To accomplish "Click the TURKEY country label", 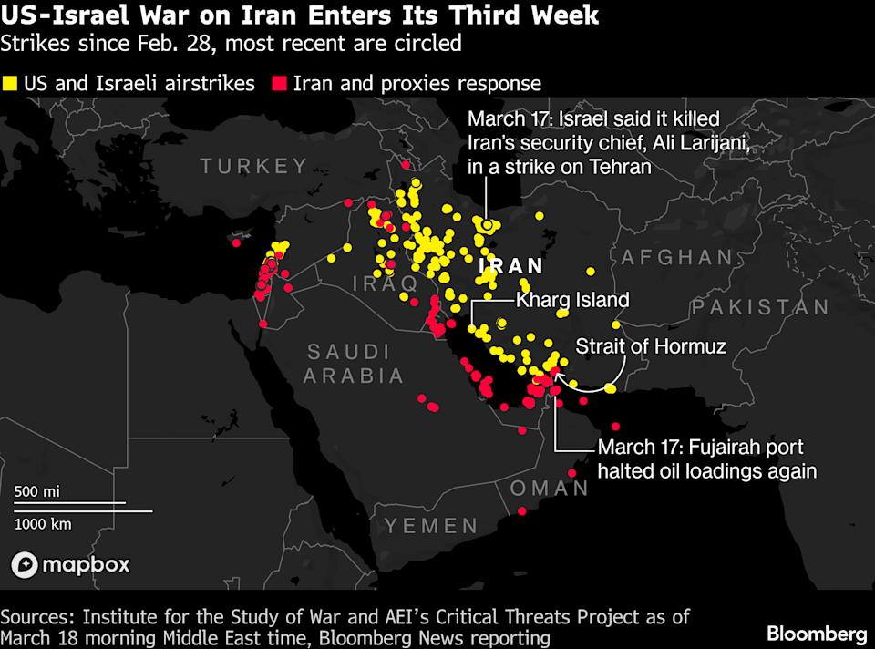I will tap(254, 166).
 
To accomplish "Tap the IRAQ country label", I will tap(384, 284).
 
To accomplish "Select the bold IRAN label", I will tap(510, 266).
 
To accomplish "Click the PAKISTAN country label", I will tap(760, 307).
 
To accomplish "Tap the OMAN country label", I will tap(549, 488).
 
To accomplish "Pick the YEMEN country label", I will tap(430, 525).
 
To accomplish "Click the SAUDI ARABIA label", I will tap(348, 363).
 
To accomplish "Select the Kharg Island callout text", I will tap(572, 299).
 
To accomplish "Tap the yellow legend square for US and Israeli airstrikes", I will tap(11, 84).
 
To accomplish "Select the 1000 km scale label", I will tap(42, 523).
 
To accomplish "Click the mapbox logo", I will tap(70, 565).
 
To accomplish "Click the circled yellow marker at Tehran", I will tap(489, 224).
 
